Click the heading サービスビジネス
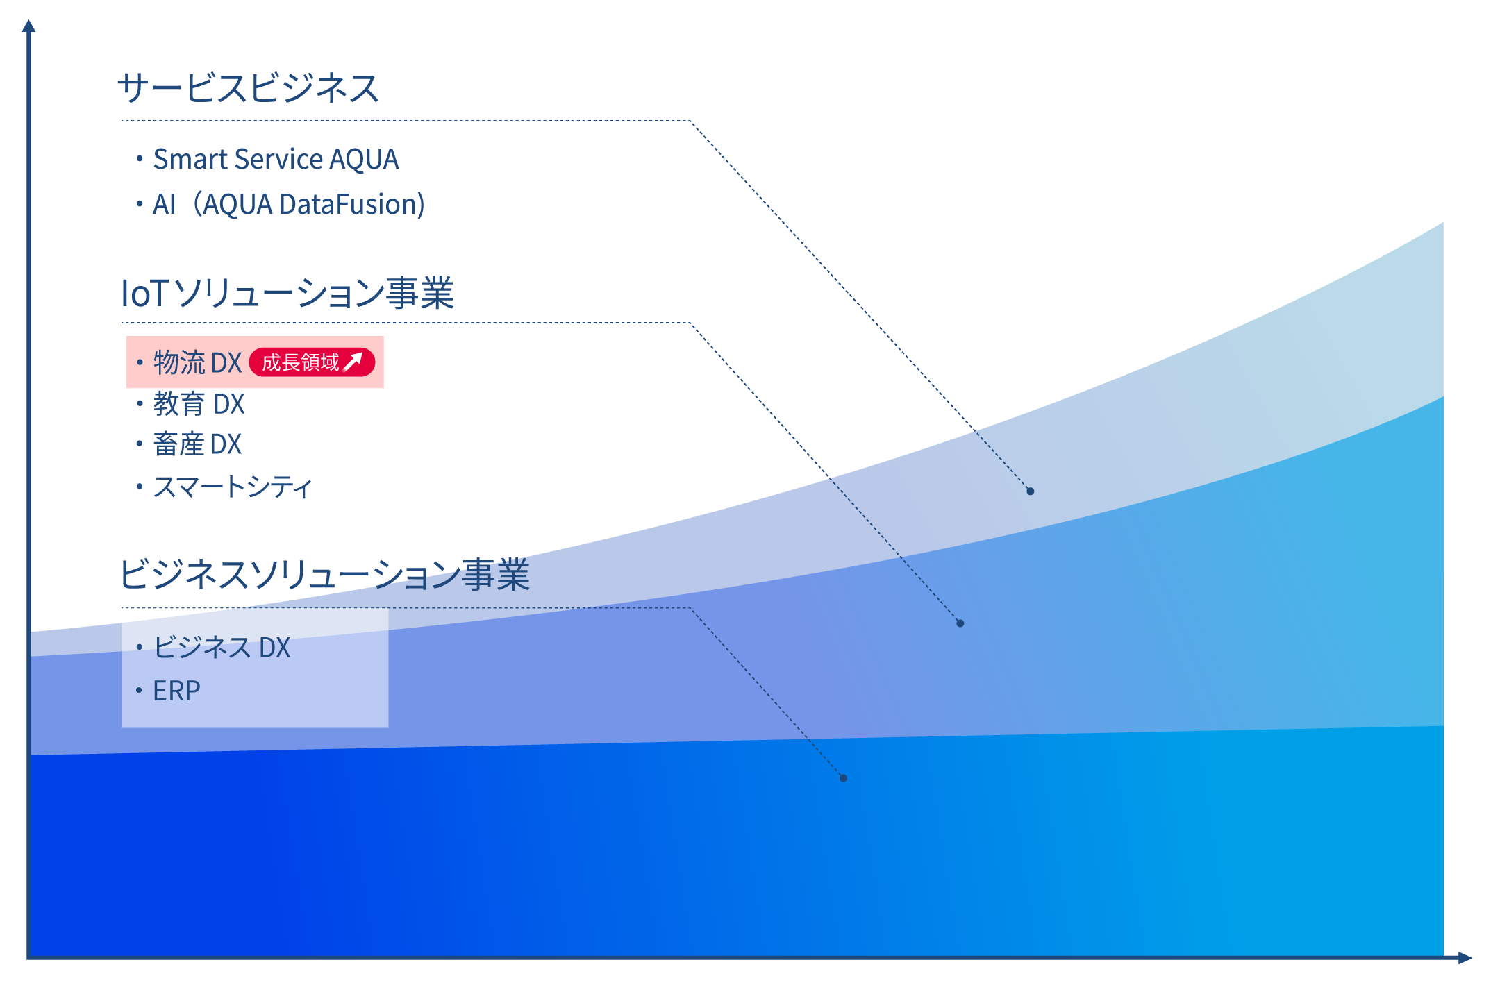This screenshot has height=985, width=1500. coord(248,88)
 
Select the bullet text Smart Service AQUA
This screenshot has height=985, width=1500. coord(275,159)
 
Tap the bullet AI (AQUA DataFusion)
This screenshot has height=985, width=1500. coord(288,204)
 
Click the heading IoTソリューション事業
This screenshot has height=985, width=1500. coord(287,292)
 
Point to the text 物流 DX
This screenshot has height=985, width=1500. coord(197,362)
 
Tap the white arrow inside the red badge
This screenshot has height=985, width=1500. coord(353,361)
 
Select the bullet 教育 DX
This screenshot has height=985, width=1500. coord(199,404)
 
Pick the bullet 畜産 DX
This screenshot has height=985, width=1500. coord(197,444)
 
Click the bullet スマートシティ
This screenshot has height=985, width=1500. coord(232,487)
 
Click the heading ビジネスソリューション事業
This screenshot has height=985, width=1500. coord(324,575)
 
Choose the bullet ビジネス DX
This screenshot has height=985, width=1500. coord(221,648)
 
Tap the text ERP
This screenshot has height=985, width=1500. coord(176,691)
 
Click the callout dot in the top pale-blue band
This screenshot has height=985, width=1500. coord(1030,491)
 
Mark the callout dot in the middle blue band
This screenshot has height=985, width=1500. coord(960,623)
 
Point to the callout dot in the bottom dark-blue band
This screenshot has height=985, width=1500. coord(843,778)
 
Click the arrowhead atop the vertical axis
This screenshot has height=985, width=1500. coord(28,26)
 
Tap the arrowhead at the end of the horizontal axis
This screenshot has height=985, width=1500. coord(1465,958)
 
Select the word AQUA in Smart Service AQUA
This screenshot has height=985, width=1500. coord(364,159)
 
